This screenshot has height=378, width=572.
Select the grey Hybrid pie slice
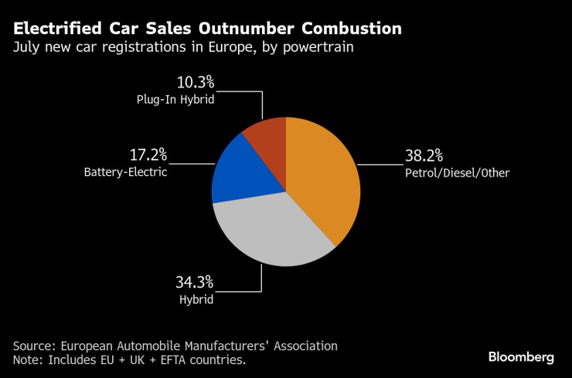271,232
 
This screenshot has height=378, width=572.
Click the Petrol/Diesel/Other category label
457,173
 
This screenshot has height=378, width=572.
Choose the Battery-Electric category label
125,173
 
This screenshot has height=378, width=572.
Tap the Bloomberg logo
521,357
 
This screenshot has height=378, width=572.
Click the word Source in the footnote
34,345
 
